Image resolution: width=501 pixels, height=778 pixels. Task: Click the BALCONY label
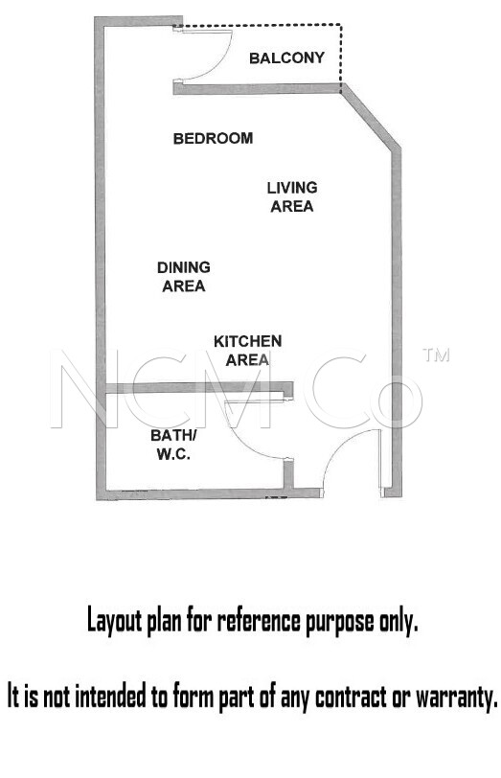coord(286,58)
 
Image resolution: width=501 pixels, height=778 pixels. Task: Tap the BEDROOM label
coord(213,138)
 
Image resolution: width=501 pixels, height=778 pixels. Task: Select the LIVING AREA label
coord(291,196)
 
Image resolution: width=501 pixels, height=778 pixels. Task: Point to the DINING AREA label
coord(184,276)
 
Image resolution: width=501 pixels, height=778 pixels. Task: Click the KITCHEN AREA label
coord(247,351)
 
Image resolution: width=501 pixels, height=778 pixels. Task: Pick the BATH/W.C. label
coord(173,445)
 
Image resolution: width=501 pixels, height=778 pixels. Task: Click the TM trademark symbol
coord(436,355)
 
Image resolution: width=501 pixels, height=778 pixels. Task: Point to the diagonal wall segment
coord(371,117)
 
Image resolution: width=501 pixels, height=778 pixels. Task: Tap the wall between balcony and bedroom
coord(258,89)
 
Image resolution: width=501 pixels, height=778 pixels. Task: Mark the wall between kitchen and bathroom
coord(198,387)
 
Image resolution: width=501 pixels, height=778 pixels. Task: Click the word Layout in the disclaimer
coord(114,621)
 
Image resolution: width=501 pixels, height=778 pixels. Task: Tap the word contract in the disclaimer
coord(351,697)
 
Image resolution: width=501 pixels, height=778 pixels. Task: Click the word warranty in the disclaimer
coord(456,698)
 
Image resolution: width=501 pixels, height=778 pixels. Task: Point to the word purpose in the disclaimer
coord(340,623)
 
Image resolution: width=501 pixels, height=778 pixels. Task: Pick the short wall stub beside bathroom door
coord(288,474)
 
